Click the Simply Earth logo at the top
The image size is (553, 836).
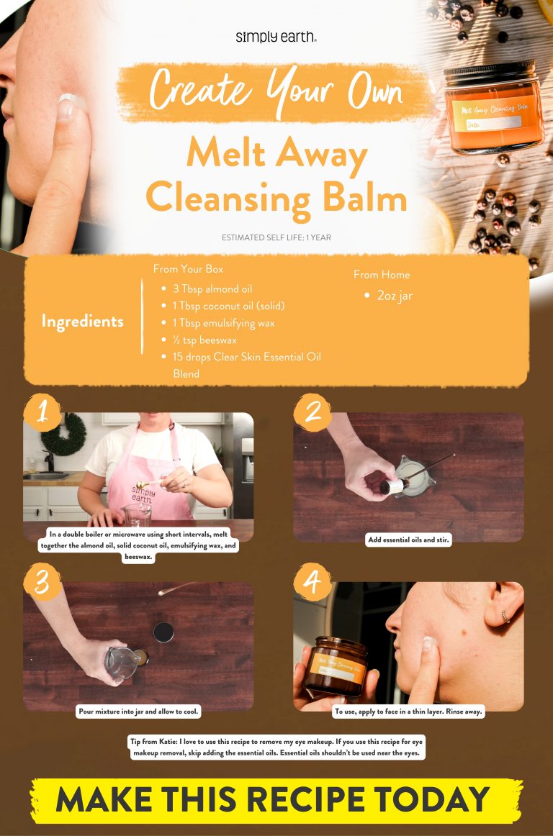point(276,37)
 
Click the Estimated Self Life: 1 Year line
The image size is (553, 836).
point(276,237)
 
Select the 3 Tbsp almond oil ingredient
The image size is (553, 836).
point(212,289)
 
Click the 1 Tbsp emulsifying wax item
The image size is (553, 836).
point(223,323)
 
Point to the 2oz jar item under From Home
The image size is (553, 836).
point(394,296)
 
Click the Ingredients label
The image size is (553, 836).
point(82,322)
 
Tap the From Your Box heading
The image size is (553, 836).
point(188,268)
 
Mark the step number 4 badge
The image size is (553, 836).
point(313,581)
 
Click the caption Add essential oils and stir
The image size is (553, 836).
point(408,540)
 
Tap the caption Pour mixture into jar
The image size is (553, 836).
point(138,712)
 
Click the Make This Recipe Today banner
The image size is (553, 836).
point(276,800)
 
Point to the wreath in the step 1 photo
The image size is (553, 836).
point(63,434)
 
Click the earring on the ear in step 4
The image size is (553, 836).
point(503,617)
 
